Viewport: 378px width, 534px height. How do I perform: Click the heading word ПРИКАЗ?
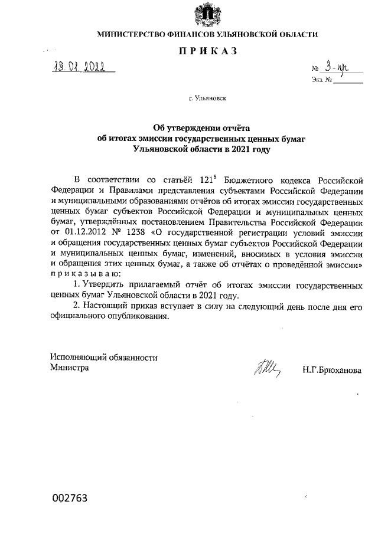[x=207, y=51]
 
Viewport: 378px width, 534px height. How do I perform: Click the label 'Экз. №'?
[x=319, y=80]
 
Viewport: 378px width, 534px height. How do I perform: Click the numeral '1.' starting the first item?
[x=76, y=286]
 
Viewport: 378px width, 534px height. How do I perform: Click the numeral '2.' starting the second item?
[x=76, y=307]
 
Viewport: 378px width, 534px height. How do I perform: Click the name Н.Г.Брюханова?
[x=331, y=370]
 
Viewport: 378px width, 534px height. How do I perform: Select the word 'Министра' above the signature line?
[x=70, y=368]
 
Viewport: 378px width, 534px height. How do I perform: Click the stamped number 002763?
[x=69, y=498]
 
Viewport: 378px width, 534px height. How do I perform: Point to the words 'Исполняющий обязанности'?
[x=104, y=357]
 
